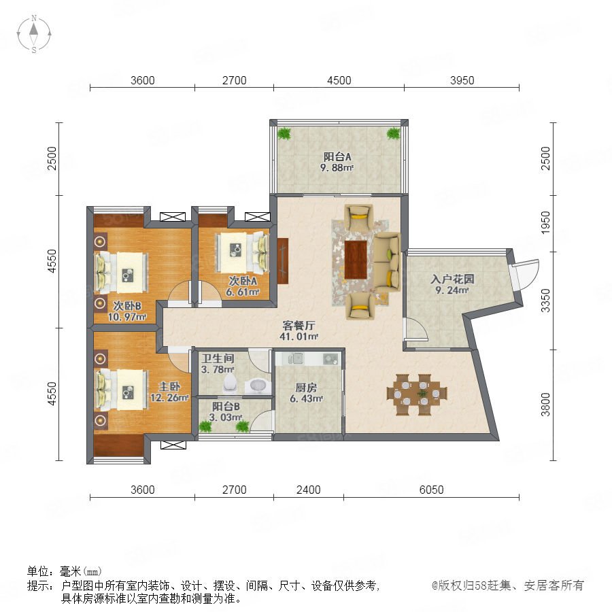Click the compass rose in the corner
point(34,34)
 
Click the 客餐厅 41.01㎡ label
point(299,330)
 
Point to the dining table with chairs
point(417,394)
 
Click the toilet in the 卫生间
point(231,384)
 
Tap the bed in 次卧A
point(242,252)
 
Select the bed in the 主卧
point(122,390)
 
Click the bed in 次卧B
point(122,273)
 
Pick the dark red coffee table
point(356,260)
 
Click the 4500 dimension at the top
point(339,80)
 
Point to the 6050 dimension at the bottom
point(431,490)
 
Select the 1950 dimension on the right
point(545,222)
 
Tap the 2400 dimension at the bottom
point(308,490)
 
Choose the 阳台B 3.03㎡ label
point(226,412)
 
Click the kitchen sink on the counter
point(296,358)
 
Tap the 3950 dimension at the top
point(462,80)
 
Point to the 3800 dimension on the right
point(545,405)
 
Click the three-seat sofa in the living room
point(387,262)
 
